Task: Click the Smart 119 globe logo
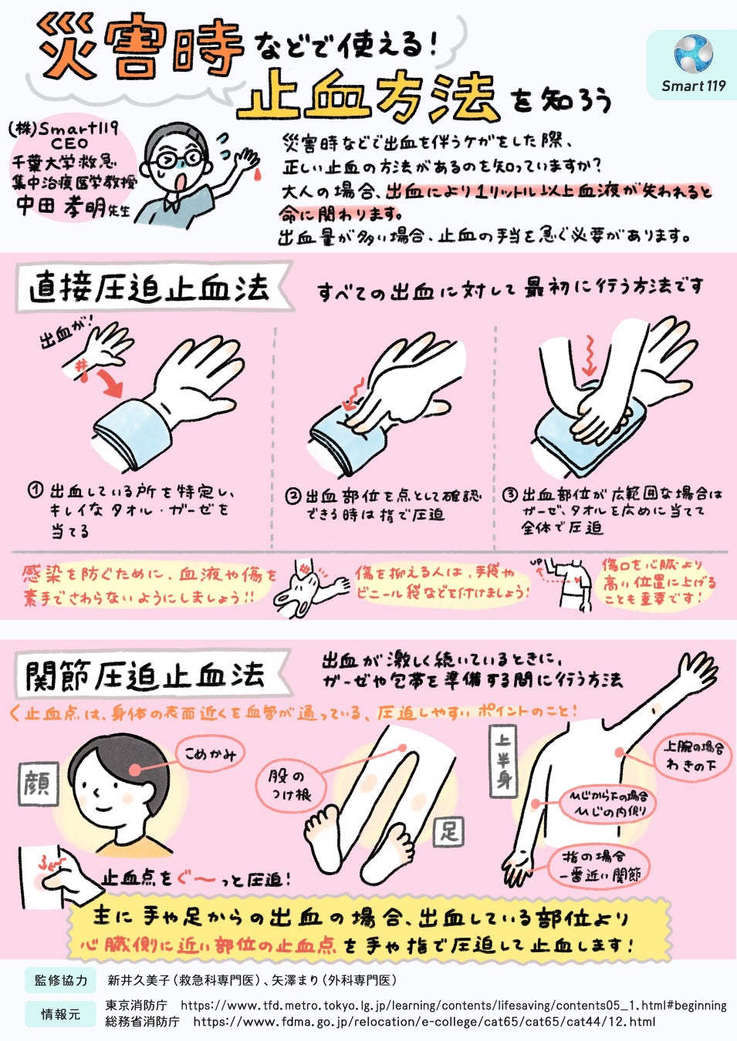pyautogui.click(x=693, y=53)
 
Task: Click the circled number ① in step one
pyautogui.click(x=35, y=490)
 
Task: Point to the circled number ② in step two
pyautogui.click(x=292, y=496)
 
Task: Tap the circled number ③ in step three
pyautogui.click(x=510, y=494)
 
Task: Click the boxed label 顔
pyautogui.click(x=39, y=783)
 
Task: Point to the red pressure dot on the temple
pyautogui.click(x=135, y=770)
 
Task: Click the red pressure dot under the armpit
pyautogui.click(x=620, y=753)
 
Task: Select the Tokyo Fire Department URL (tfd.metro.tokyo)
pyautogui.click(x=453, y=1006)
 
